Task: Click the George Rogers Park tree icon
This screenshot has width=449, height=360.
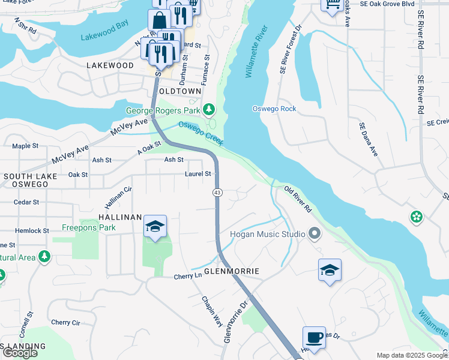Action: click(209, 109)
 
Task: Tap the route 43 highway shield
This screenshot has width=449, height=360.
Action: click(216, 192)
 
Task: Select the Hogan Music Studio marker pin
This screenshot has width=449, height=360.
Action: click(313, 233)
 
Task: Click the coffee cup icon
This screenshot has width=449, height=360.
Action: click(314, 337)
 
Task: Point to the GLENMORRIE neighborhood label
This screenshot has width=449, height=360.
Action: click(232, 271)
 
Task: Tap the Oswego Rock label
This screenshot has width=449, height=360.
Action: click(274, 109)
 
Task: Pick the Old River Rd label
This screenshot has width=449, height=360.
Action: click(298, 200)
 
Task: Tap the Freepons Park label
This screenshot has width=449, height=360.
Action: click(89, 228)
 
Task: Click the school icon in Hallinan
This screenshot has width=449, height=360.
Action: click(155, 227)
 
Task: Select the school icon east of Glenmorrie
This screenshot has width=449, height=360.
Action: click(330, 270)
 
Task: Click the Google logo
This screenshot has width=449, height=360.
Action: click(19, 353)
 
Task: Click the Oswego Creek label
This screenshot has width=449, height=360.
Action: click(200, 133)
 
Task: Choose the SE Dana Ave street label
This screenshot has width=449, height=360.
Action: click(369, 140)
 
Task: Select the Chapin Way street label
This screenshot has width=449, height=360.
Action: click(212, 311)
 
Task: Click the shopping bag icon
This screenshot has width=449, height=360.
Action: click(160, 21)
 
